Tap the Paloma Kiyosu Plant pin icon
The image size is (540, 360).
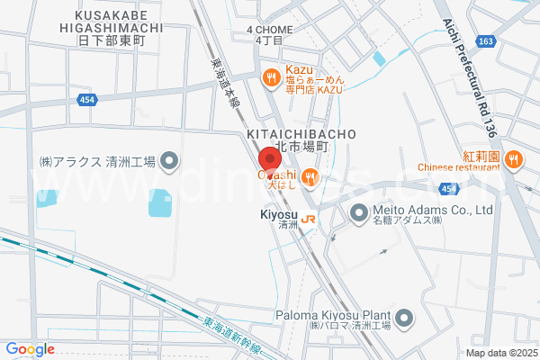[404, 317]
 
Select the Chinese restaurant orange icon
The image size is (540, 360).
[513, 160]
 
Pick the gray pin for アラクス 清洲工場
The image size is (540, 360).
[172, 161]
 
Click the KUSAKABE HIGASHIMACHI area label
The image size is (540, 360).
[120, 27]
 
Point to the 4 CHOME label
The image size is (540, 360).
[269, 30]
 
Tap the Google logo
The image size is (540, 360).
[30, 349]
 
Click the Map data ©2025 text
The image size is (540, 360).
[499, 353]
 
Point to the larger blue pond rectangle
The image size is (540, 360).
[159, 202]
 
